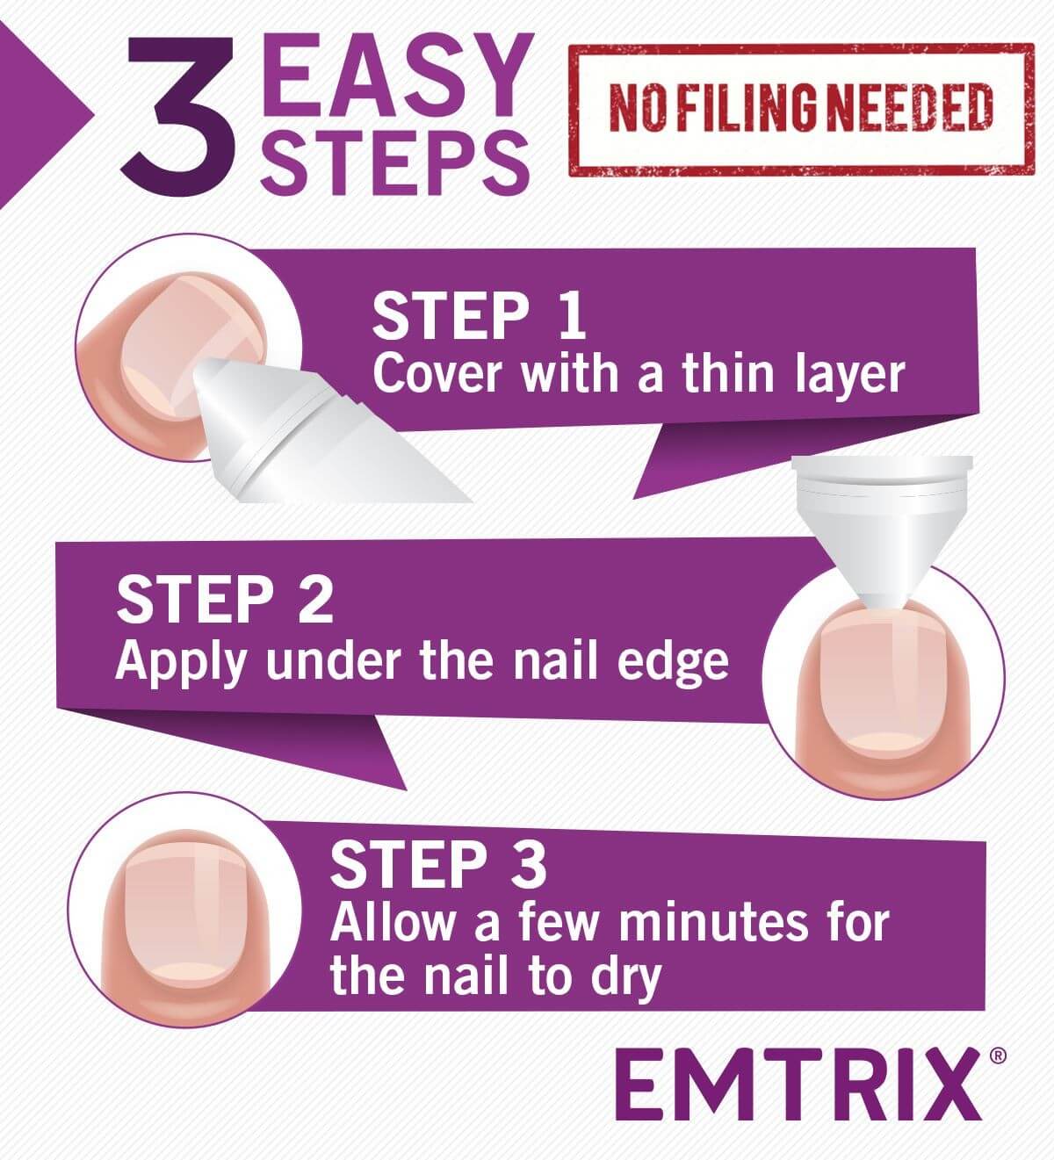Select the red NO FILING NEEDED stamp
[x=800, y=109]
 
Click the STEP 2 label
[x=225, y=600]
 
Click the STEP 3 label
[x=438, y=864]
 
